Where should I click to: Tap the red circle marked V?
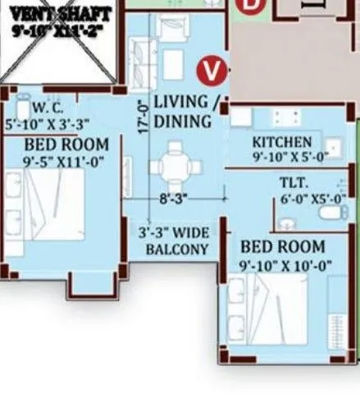point(213,71)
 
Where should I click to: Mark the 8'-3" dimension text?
point(174,198)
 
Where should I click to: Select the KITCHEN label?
point(281,142)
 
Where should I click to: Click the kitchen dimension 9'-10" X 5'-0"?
point(290,156)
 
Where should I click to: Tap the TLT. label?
point(294,183)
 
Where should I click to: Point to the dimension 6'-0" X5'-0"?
point(310,198)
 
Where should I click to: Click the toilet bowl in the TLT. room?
point(328,213)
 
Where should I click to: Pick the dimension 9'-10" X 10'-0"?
point(285,265)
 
